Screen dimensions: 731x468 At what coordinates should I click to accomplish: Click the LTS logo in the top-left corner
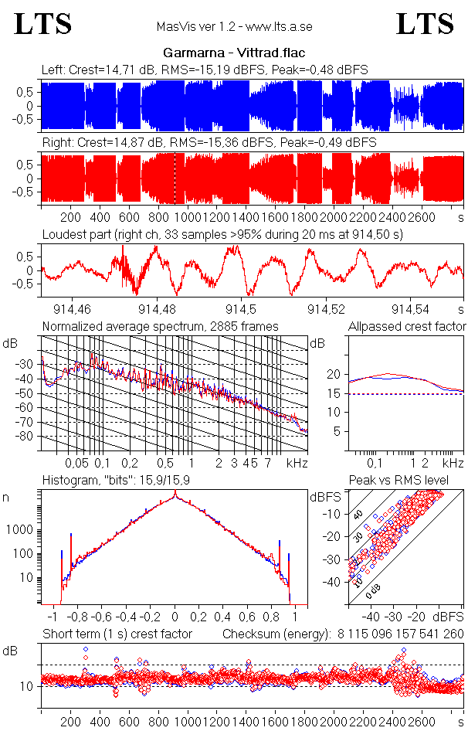click(x=43, y=24)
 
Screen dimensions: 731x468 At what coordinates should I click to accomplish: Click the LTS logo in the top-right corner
click(x=425, y=24)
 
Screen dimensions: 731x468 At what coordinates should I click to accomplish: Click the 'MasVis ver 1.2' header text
click(x=233, y=27)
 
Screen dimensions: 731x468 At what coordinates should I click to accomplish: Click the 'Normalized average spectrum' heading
click(x=161, y=327)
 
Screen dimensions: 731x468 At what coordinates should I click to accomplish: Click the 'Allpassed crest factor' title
click(x=407, y=327)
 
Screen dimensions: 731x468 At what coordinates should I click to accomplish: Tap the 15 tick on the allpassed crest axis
click(x=336, y=393)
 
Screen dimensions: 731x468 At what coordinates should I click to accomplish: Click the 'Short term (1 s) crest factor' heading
click(x=117, y=634)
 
